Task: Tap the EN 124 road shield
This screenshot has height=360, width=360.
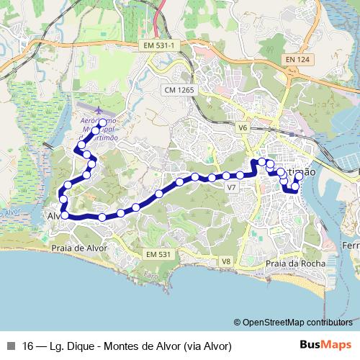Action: click(297, 58)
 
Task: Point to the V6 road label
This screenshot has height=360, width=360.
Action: click(242, 127)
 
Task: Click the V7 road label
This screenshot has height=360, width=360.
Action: click(231, 187)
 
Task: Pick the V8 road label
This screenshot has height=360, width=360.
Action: click(225, 261)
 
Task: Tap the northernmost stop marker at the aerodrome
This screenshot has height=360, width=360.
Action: click(102, 122)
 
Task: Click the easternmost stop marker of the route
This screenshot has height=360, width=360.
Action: click(299, 176)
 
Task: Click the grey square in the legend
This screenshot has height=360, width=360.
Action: click(11, 346)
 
